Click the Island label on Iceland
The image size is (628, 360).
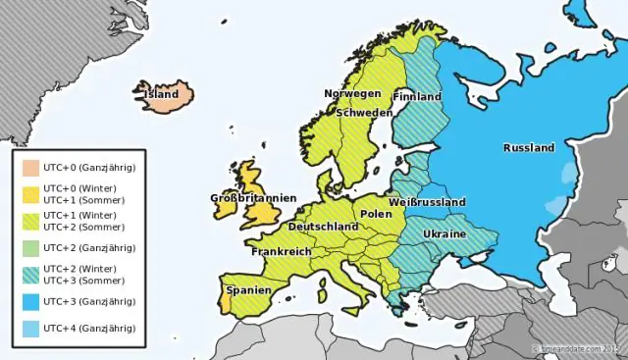click(161, 95)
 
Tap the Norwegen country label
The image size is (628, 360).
click(352, 93)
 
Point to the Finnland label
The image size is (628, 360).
click(417, 97)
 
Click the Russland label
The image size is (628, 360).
click(529, 148)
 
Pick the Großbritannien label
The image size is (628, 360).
click(253, 198)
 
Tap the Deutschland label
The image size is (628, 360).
click(323, 227)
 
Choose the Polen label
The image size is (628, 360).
click(376, 213)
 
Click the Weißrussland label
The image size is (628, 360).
click(427, 202)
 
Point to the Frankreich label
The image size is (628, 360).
click(282, 251)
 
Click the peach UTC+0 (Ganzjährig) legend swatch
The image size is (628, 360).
click(31, 168)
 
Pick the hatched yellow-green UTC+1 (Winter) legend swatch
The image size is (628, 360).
click(31, 221)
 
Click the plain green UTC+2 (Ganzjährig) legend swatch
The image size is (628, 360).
click(31, 247)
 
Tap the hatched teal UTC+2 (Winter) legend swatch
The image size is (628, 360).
click(31, 274)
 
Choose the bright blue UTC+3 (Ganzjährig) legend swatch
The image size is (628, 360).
click(31, 301)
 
